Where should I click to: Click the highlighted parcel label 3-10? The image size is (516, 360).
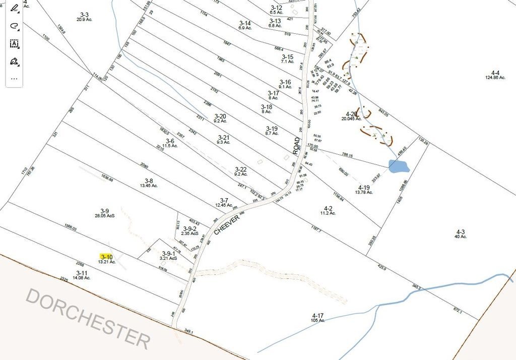(106, 257)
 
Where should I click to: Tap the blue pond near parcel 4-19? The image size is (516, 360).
(399, 166)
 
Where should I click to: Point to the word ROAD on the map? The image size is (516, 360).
(297, 145)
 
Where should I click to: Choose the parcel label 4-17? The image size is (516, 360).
(318, 316)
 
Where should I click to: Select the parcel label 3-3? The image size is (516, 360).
(84, 15)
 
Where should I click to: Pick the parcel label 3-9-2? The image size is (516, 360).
(190, 228)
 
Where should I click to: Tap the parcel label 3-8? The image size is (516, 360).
(149, 181)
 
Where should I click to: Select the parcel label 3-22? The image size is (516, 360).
(241, 169)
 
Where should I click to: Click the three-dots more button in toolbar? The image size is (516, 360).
(14, 78)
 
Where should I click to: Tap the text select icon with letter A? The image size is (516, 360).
(14, 44)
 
